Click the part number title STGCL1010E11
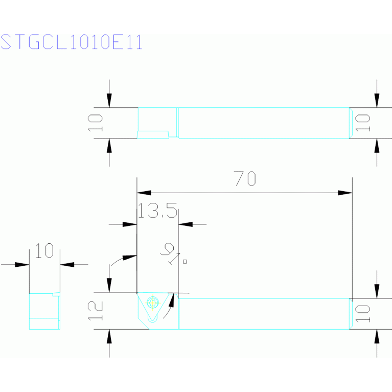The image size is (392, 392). coord(72,42)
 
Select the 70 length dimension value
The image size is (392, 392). coord(245,178)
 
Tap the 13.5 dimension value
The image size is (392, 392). coord(157,210)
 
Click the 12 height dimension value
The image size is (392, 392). coord(95,310)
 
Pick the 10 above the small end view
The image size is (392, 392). coord(44,250)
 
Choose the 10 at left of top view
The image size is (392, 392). coord(95,123)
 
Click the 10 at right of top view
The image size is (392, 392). coord(363,123)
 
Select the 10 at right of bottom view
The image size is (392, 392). coord(363,314)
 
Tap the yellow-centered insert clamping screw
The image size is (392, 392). coord(152,303)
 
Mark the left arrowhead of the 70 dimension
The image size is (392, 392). coord(144,193)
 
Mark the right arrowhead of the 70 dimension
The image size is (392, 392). coord(345,193)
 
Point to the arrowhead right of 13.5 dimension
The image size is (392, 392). coord(186,224)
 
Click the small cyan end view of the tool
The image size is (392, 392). coord(45,311)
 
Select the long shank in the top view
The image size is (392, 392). coord(264,123)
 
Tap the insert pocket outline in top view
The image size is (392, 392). coord(153,134)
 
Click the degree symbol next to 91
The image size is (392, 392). coord(185,262)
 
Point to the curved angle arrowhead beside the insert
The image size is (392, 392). coord(172,300)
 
